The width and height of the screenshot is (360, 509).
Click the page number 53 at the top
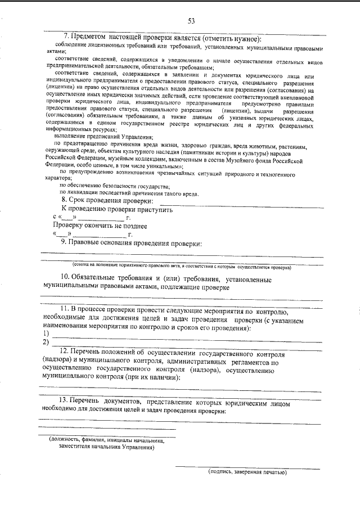191,21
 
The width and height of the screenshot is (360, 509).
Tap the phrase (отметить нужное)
228,38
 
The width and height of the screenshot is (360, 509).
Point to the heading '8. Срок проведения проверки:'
106,201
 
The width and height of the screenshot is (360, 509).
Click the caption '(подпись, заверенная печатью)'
247,472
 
